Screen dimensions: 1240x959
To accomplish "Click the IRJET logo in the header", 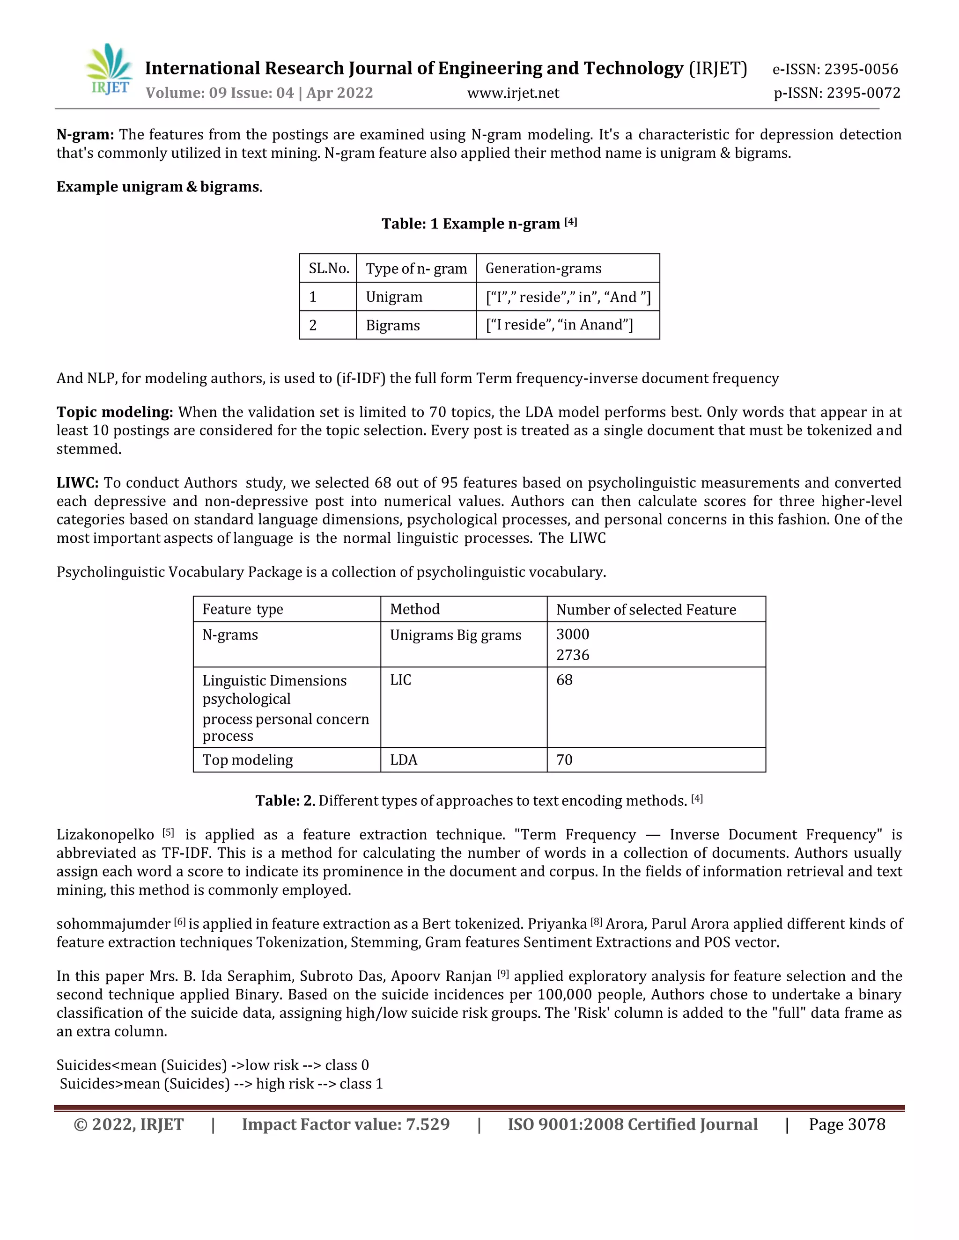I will [x=110, y=69].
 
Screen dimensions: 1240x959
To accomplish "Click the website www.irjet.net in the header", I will [x=513, y=93].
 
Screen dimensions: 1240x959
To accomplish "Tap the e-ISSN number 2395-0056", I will [x=861, y=69].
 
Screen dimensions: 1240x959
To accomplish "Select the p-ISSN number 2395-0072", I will [x=863, y=93].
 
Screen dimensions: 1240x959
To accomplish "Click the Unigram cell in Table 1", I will [x=394, y=297].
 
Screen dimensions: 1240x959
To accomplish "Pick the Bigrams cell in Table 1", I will [x=392, y=325].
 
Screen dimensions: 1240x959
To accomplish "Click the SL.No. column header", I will [x=328, y=269].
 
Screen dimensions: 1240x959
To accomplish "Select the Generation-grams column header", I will [x=543, y=269].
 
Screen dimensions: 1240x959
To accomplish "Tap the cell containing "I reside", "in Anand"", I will [x=559, y=325].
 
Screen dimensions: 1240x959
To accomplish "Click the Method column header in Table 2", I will [x=415, y=609].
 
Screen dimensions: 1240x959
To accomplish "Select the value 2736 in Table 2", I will [x=573, y=655].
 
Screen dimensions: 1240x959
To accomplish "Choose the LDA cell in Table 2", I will [x=403, y=759].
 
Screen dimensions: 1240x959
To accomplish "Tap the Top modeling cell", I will [x=248, y=759].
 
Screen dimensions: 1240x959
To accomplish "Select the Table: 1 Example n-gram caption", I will [x=479, y=224].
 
